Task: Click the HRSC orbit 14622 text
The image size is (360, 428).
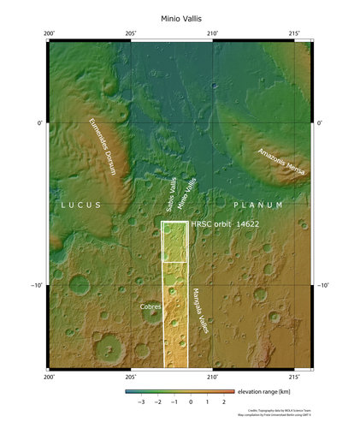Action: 225,223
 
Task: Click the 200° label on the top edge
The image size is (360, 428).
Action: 50,33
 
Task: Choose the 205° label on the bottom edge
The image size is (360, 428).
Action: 131,376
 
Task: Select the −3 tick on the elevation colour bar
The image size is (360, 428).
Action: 141,401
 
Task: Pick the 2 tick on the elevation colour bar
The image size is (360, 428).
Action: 223,401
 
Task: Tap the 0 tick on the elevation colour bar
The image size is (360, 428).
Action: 191,401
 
